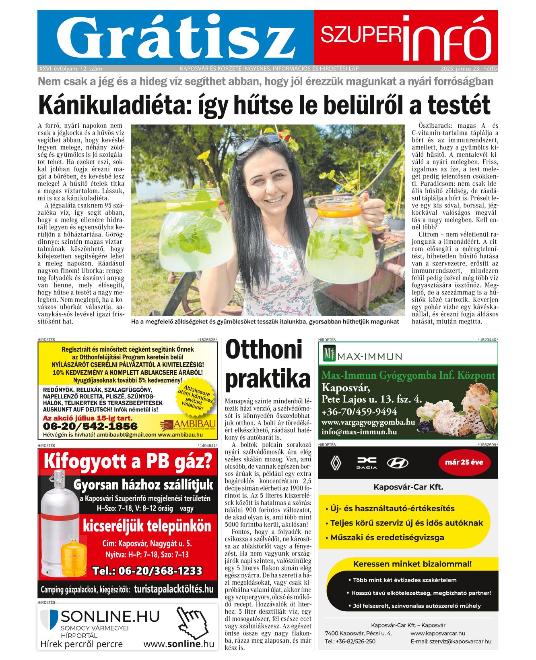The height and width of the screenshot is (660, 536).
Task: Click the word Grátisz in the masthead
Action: [x=175, y=37]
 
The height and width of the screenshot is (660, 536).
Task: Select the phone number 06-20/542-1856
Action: [x=90, y=426]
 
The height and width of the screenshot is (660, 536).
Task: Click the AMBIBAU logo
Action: [x=188, y=424]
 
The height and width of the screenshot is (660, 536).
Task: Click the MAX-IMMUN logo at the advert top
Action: [x=363, y=356]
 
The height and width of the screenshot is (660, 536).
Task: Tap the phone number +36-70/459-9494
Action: [x=359, y=412]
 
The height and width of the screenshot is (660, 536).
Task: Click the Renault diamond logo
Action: [x=336, y=463]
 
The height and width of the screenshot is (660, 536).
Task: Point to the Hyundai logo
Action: [x=397, y=463]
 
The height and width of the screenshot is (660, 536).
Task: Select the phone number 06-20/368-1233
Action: [x=147, y=571]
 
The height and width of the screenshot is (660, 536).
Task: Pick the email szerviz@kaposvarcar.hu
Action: [x=451, y=641]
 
